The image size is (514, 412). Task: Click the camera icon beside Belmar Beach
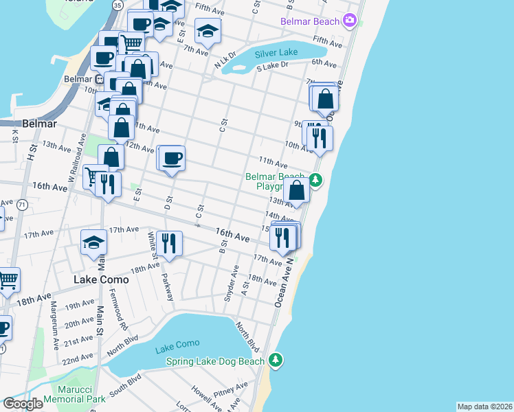coord(350,21)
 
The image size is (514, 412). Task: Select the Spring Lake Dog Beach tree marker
coord(276,360)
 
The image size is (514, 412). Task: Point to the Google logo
coord(23,404)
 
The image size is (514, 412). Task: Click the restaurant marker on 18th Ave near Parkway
coord(169,242)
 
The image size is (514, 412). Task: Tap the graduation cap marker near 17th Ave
coord(94,242)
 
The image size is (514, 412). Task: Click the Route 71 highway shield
coord(23,205)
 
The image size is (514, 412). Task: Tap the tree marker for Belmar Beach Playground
coord(315,181)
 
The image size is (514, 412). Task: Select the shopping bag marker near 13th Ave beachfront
coord(297,190)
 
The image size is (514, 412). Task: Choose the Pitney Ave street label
coord(225,393)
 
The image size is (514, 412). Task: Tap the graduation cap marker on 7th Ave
coord(208,30)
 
